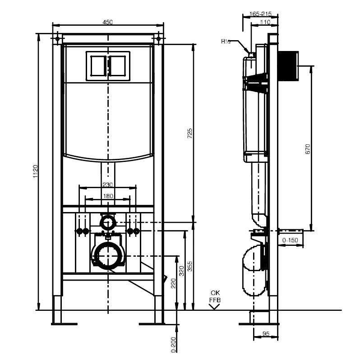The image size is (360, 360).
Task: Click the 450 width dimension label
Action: point(108,22)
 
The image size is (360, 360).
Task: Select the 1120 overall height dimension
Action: point(35,171)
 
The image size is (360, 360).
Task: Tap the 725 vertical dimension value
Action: point(190,133)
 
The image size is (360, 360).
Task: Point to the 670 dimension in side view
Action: point(308,149)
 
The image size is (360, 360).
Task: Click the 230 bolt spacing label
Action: point(107,185)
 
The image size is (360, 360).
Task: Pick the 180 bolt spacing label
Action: point(108,196)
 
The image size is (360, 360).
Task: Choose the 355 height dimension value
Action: point(190,266)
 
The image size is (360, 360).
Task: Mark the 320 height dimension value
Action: point(181,271)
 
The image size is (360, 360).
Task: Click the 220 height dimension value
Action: point(173,283)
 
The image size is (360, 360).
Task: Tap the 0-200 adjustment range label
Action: point(173,344)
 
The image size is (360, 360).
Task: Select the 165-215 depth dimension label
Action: point(260,14)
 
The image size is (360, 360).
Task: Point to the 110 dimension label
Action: point(265,22)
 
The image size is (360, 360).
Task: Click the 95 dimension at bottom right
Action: point(266,333)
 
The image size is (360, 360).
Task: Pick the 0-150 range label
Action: point(290,240)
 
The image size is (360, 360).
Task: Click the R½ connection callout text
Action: point(226,42)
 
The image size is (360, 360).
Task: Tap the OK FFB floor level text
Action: point(215,296)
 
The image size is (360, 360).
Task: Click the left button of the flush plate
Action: point(98,66)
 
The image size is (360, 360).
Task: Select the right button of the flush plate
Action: point(118,66)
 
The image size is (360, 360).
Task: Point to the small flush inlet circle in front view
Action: point(107,222)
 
